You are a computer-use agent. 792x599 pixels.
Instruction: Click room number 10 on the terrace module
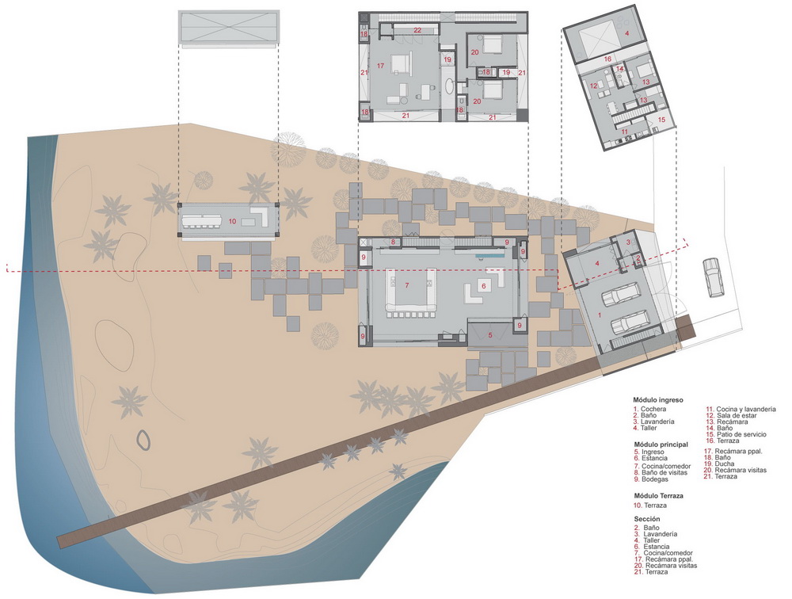click(232, 221)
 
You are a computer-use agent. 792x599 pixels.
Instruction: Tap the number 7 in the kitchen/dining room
click(406, 285)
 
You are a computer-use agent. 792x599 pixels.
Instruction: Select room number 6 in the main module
click(483, 286)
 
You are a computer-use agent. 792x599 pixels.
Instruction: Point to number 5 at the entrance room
click(489, 334)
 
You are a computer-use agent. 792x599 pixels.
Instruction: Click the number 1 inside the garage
click(600, 315)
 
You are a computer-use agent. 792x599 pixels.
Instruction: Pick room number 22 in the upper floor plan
click(417, 30)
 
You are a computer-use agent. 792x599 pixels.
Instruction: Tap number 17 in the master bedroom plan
click(380, 66)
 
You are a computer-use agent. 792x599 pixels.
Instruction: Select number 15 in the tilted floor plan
click(661, 120)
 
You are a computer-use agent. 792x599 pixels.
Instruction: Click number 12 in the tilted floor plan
click(594, 86)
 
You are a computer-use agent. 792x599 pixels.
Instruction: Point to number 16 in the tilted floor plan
click(607, 59)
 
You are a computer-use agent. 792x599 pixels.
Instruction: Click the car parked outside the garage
click(711, 277)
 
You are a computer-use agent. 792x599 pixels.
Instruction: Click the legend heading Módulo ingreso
click(657, 400)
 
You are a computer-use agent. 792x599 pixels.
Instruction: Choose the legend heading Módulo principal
click(661, 444)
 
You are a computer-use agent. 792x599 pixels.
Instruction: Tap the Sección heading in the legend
click(647, 519)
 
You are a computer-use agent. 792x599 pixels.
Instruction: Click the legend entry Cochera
click(653, 409)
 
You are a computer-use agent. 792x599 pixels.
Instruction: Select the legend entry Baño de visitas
click(664, 473)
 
